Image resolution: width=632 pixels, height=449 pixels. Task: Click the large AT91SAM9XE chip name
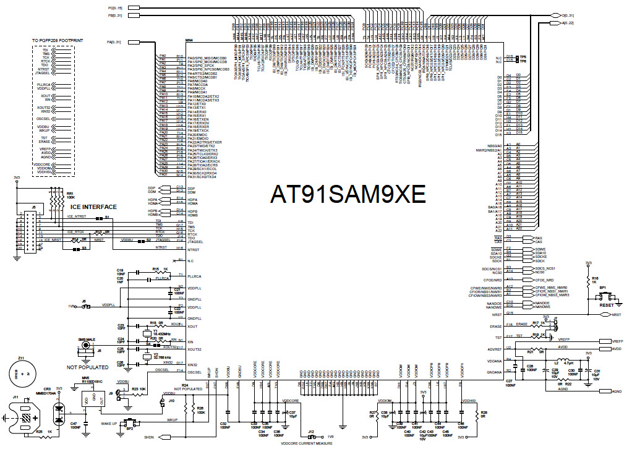(x=348, y=195)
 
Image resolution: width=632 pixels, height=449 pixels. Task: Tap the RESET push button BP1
(x=600, y=297)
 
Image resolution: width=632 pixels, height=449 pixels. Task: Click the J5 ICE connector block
(x=28, y=234)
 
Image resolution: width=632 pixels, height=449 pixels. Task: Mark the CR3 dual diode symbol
(x=59, y=412)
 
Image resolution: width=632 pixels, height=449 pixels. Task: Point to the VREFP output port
(x=616, y=341)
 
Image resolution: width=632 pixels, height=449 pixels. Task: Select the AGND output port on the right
(x=616, y=391)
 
